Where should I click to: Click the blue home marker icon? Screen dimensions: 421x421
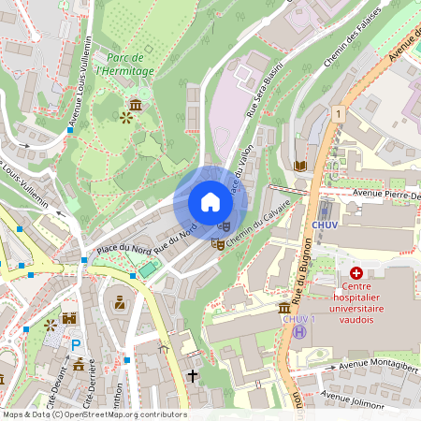210,202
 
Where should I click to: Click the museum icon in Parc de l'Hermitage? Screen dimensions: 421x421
137,103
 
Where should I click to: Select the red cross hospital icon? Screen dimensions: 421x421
356,271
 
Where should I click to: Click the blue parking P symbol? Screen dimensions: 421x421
76,344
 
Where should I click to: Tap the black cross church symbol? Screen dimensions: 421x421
193,375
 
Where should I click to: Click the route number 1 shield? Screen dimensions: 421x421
338,113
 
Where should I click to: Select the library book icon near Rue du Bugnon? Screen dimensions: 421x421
299,166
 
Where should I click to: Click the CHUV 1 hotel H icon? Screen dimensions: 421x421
298,330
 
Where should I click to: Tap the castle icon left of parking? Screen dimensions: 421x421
67,319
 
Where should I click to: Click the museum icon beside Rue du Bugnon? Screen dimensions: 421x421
284,308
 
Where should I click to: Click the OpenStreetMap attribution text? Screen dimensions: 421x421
94,414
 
